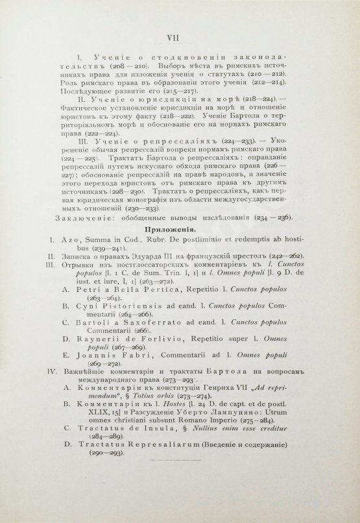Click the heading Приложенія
[x=180, y=248]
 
